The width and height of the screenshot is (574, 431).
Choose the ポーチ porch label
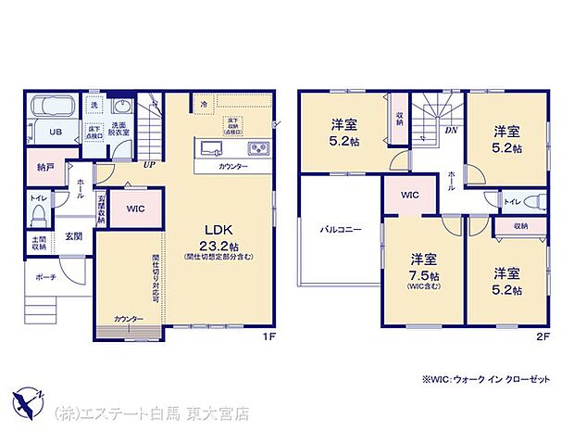[46, 276]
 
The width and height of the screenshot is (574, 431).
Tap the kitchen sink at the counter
[208, 148]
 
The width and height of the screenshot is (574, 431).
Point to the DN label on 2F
[451, 130]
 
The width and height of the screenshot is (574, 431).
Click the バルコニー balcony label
[341, 228]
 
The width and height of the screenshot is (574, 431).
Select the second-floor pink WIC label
[409, 196]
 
